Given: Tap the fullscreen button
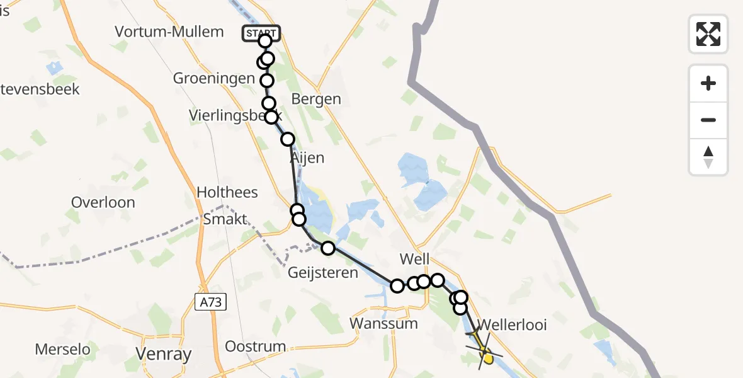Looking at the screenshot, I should [708, 34].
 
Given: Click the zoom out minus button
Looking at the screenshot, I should [708, 120].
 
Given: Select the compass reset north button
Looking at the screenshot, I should [708, 157].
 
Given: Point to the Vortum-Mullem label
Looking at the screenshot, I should [169, 31].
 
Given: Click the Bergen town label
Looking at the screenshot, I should [317, 99].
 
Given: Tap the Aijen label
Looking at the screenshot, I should [307, 158].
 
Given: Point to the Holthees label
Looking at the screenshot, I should [227, 192].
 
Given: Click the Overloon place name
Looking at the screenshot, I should [103, 202].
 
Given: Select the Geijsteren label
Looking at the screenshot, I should [323, 273].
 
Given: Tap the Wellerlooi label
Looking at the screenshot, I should [512, 325].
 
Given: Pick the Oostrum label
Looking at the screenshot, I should [256, 346].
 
